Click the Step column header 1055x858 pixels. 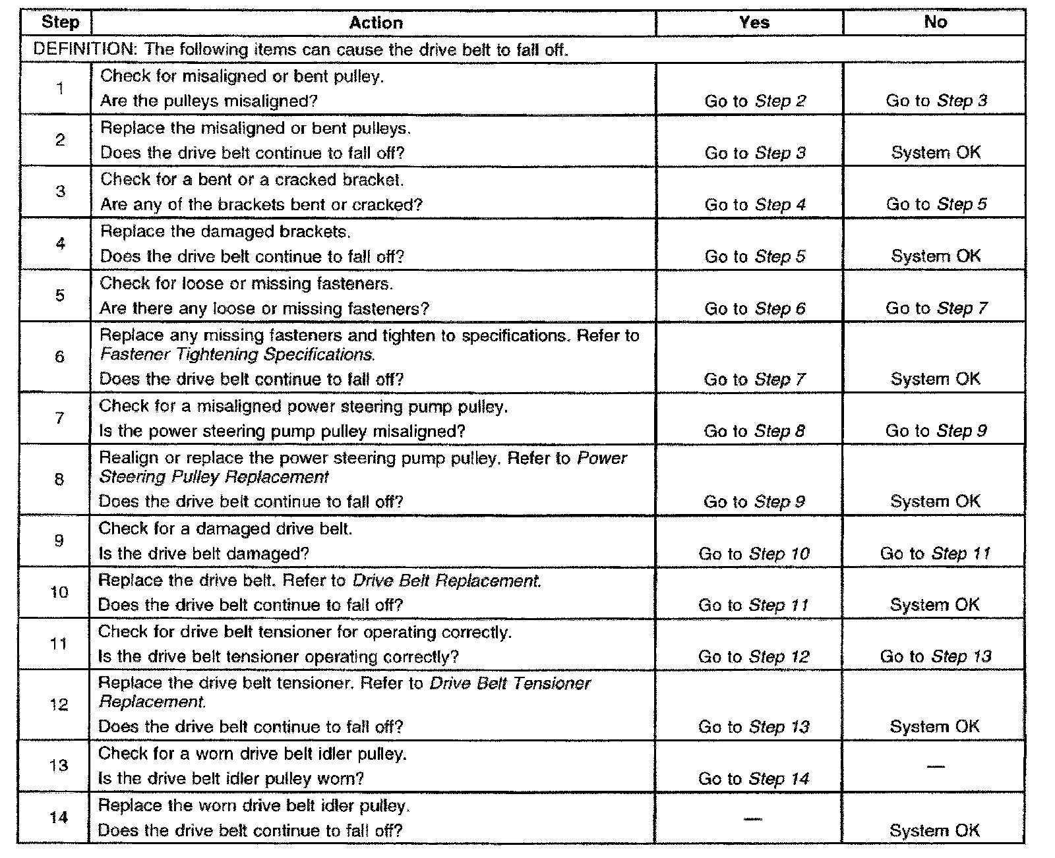click(60, 22)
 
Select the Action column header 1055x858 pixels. click(375, 23)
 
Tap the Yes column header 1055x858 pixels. click(754, 22)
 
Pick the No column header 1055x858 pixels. click(935, 22)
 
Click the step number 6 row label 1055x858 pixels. click(59, 357)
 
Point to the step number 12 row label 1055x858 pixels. click(59, 704)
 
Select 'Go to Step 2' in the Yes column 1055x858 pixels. click(754, 101)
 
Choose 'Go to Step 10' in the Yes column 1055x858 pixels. click(754, 554)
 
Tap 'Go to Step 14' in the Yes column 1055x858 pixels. click(753, 779)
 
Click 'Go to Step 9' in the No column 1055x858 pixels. click(936, 431)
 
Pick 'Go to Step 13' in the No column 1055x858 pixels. click(935, 656)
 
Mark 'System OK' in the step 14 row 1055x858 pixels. click(934, 830)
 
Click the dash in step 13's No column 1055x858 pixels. click(934, 766)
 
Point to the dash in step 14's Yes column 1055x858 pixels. click(753, 818)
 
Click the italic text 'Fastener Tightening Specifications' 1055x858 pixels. click(237, 355)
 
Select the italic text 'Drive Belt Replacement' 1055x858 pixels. click(447, 581)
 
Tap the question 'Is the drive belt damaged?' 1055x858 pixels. click(204, 554)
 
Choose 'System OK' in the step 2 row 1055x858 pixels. click(936, 153)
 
